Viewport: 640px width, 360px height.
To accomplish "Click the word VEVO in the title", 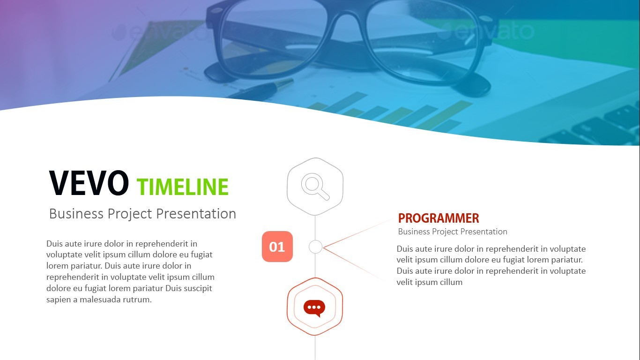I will click(x=89, y=183).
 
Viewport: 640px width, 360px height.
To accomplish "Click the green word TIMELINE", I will click(x=183, y=187).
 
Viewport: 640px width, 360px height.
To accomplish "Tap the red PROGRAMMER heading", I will click(x=439, y=218).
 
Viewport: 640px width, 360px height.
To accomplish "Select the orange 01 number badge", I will click(x=277, y=247).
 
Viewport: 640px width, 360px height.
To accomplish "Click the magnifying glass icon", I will click(x=315, y=186).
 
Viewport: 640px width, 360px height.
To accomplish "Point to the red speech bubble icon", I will click(x=314, y=307).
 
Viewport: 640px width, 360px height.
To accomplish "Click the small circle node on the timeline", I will click(x=315, y=247).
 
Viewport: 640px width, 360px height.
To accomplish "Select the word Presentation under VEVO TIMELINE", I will click(x=196, y=214).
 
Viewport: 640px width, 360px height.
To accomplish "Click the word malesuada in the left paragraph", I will click(x=102, y=300).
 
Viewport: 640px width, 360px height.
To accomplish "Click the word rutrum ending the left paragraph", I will click(x=139, y=300).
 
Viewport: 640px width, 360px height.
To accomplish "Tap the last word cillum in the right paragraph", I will click(x=450, y=282).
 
